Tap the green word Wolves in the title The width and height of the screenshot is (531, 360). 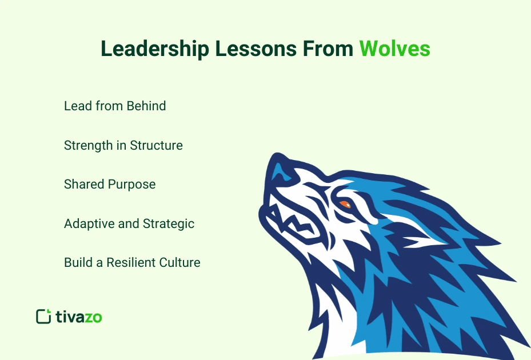(x=394, y=49)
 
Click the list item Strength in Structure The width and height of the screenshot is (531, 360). (x=123, y=145)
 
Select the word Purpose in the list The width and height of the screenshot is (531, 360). (x=134, y=185)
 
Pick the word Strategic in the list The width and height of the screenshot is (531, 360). (x=169, y=223)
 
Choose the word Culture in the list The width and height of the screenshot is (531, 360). (x=181, y=263)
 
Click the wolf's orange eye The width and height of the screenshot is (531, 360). (x=345, y=204)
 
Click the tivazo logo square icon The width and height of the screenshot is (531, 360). (x=43, y=317)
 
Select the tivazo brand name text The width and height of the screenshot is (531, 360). (x=79, y=317)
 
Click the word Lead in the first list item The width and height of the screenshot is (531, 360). (x=75, y=106)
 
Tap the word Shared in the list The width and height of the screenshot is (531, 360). (x=83, y=185)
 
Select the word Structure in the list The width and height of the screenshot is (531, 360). (x=156, y=145)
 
